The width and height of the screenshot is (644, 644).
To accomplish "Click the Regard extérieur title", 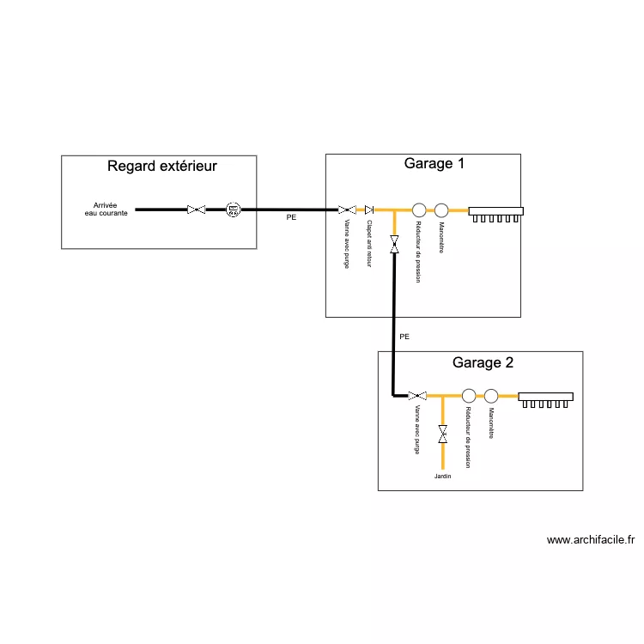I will coord(161,167).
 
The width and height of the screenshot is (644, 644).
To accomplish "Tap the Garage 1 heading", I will coord(434,163).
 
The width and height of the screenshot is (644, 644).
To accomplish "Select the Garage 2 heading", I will coord(483,362).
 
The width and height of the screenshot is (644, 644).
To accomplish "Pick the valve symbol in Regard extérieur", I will coord(197,210).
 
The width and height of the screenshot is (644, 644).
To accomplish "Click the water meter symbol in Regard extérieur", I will coord(233,210).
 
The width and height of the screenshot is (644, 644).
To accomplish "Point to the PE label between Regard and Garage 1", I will coord(291,218).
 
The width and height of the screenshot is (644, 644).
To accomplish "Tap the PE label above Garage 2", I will coord(404,337).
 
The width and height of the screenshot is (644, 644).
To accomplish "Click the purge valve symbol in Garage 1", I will coord(347,210).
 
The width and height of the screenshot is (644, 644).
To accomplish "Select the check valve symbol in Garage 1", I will coord(369,210).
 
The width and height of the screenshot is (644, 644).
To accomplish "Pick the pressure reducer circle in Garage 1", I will coord(419,210).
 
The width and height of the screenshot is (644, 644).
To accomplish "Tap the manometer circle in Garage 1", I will coord(441,210).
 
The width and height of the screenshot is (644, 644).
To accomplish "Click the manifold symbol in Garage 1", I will coord(495,213).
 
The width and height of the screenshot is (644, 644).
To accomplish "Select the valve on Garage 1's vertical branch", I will coord(394,244).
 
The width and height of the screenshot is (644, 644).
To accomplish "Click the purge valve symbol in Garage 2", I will coord(417,396).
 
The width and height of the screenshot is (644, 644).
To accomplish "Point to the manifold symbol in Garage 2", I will coord(545,399).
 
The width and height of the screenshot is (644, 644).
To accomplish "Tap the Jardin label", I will coord(442,476).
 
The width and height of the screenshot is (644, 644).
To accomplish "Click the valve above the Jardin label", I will coord(442,434).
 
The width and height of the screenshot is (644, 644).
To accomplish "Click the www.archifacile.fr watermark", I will coord(590,540).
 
